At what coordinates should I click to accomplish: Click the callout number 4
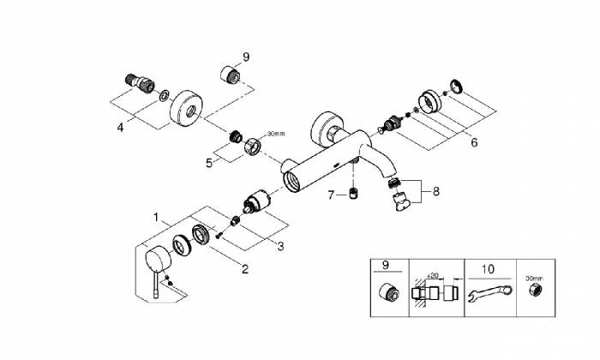(x=121, y=127)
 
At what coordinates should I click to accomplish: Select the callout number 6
(x=473, y=142)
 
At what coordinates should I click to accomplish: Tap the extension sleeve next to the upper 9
(x=229, y=74)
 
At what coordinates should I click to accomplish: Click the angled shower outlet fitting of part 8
(x=399, y=202)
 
